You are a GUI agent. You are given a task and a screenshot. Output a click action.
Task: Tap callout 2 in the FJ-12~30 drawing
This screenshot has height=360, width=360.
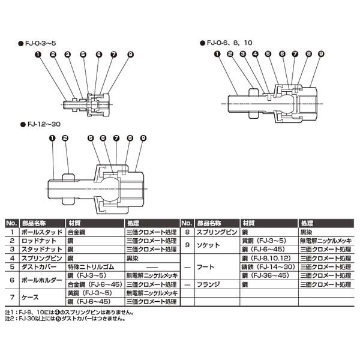coord(66,137)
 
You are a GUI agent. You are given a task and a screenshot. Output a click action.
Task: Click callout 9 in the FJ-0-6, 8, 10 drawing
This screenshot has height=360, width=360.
coord(320,54)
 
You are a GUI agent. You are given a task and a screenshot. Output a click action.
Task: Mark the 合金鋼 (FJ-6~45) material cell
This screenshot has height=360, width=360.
coord(95,284)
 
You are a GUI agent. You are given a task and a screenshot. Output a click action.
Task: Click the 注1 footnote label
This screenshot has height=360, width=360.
coord(10,313)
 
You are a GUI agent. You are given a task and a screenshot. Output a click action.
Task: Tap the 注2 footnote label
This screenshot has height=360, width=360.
coord(10,319)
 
